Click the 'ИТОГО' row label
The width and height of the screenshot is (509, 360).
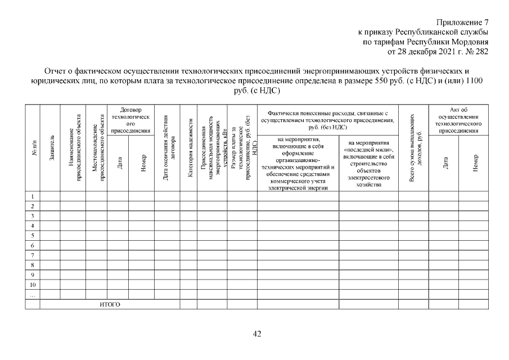click(x=110, y=304)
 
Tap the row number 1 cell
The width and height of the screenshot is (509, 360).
click(x=32, y=197)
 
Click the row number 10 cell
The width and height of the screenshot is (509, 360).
click(x=32, y=285)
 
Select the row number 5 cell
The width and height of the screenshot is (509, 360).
click(x=32, y=236)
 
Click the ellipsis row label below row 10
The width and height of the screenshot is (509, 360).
click(x=32, y=294)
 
